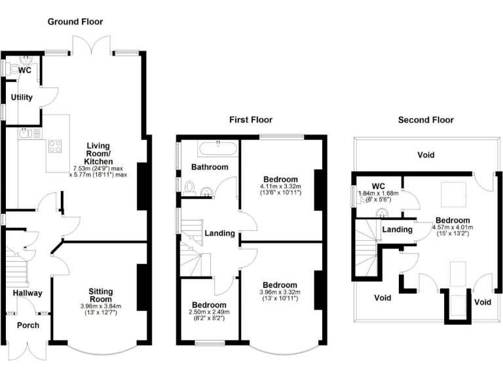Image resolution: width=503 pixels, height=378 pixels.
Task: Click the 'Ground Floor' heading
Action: point(75,22)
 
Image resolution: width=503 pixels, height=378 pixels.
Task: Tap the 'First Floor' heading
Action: point(250,119)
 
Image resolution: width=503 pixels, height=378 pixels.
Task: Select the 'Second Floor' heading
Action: point(426,119)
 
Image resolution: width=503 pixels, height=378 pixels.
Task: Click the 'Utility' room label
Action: point(21,97)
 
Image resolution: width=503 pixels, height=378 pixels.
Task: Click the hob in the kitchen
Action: point(54,147)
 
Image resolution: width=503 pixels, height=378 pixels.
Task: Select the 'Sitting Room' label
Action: point(101,295)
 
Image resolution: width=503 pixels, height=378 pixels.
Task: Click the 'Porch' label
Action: point(28,325)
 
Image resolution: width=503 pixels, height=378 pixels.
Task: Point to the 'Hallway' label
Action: point(27,293)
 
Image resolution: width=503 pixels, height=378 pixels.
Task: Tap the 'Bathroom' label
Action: point(210,167)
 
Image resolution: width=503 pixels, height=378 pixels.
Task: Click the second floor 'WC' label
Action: point(378,186)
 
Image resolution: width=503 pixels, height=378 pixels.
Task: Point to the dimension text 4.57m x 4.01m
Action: point(453,228)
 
